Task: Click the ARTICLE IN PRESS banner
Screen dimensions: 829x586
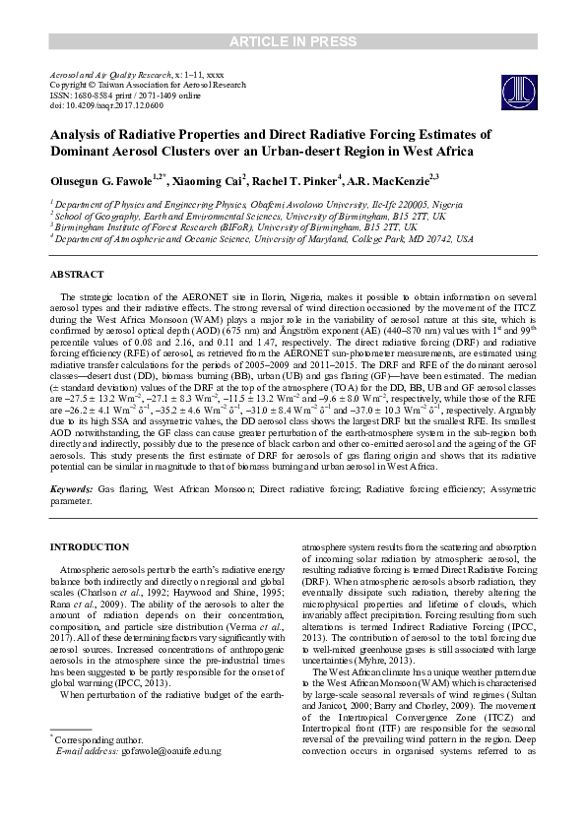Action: [x=293, y=40]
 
